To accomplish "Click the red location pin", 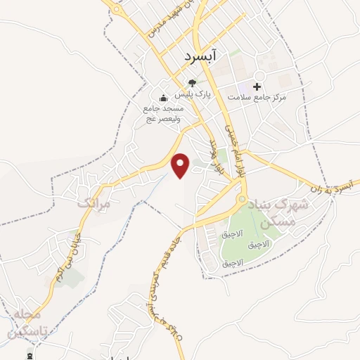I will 181,165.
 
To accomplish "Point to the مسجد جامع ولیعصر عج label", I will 163,114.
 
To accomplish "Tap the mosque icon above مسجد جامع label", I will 163,98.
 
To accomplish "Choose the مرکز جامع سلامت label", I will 261,96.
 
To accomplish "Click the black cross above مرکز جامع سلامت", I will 257,86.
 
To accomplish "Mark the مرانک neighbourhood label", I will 98,202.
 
